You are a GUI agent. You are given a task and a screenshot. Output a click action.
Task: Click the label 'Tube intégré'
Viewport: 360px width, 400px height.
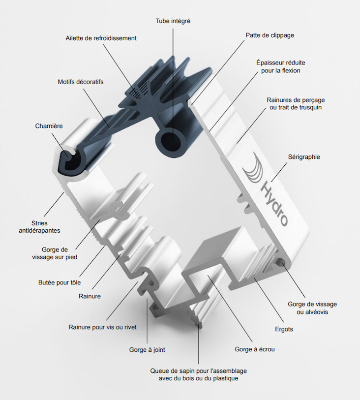pos(173,21)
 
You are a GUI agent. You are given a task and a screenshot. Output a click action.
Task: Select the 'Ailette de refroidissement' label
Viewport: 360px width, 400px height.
pos(101,38)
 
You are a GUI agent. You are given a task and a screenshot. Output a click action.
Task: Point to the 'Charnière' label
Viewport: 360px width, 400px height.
pos(49,125)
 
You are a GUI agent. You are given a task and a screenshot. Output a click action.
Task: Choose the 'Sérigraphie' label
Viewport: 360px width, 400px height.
pos(304,157)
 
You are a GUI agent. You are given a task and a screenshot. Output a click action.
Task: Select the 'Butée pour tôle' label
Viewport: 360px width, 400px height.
pos(60,282)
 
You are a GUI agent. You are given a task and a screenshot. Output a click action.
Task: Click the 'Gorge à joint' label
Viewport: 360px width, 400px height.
pos(147,350)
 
